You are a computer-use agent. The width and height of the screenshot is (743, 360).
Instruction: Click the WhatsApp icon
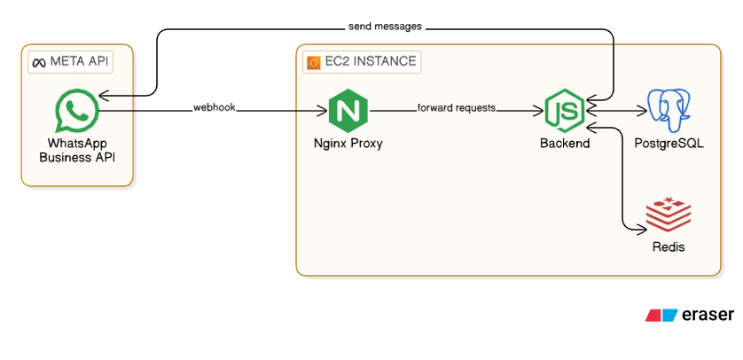(76, 111)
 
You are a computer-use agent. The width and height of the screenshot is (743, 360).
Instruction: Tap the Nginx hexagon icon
(348, 111)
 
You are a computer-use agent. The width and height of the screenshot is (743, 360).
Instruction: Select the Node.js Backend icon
(565, 111)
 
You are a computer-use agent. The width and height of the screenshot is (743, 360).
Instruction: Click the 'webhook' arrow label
(215, 108)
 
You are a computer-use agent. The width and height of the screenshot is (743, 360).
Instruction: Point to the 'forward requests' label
(457, 108)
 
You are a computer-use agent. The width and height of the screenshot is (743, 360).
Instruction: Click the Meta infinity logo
(38, 62)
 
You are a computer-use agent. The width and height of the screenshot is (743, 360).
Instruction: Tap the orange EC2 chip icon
(312, 62)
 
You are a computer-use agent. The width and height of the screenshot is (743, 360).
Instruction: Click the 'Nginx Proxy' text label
(348, 143)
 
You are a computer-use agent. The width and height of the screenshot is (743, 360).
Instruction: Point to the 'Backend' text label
(565, 143)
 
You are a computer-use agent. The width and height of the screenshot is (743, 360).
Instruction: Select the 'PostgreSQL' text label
(669, 143)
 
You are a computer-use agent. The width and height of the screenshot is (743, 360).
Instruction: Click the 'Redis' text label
(668, 247)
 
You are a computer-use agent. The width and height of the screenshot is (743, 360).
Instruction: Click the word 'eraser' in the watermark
(708, 315)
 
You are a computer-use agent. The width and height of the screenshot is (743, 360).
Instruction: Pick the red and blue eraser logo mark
(661, 315)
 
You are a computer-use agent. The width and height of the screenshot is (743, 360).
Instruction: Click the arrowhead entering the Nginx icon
(325, 111)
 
